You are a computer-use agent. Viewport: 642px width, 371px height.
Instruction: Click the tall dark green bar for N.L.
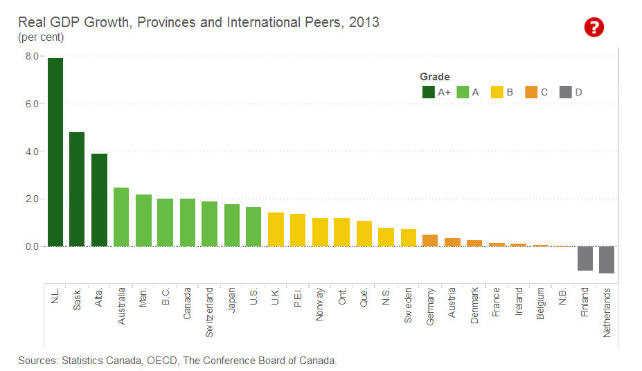[55, 152]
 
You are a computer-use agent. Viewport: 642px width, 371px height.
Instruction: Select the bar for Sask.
[77, 189]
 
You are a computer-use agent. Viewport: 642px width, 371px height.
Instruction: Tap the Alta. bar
[99, 200]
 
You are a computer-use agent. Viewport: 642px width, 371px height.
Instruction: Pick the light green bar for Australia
[121, 217]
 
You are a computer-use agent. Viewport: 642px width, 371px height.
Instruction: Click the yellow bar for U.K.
[276, 229]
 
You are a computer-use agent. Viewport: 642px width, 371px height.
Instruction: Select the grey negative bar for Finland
[585, 258]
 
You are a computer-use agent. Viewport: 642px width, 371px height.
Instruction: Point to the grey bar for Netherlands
[607, 260]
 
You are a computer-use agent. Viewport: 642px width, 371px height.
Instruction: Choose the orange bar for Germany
[430, 240]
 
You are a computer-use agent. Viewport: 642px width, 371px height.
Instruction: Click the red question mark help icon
[594, 28]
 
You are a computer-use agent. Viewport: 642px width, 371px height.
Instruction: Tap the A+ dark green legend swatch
[428, 91]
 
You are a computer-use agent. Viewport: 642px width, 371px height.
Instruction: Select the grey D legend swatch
[565, 91]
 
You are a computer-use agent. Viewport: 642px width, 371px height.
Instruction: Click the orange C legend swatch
[531, 91]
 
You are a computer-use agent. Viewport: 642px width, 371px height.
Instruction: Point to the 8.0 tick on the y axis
[31, 56]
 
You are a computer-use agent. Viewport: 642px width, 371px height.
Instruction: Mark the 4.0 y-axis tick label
[31, 152]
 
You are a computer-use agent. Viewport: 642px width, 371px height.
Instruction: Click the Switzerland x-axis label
[210, 312]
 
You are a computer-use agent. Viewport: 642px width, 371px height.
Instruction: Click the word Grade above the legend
[435, 77]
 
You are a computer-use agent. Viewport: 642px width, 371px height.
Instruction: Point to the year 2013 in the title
[364, 22]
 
